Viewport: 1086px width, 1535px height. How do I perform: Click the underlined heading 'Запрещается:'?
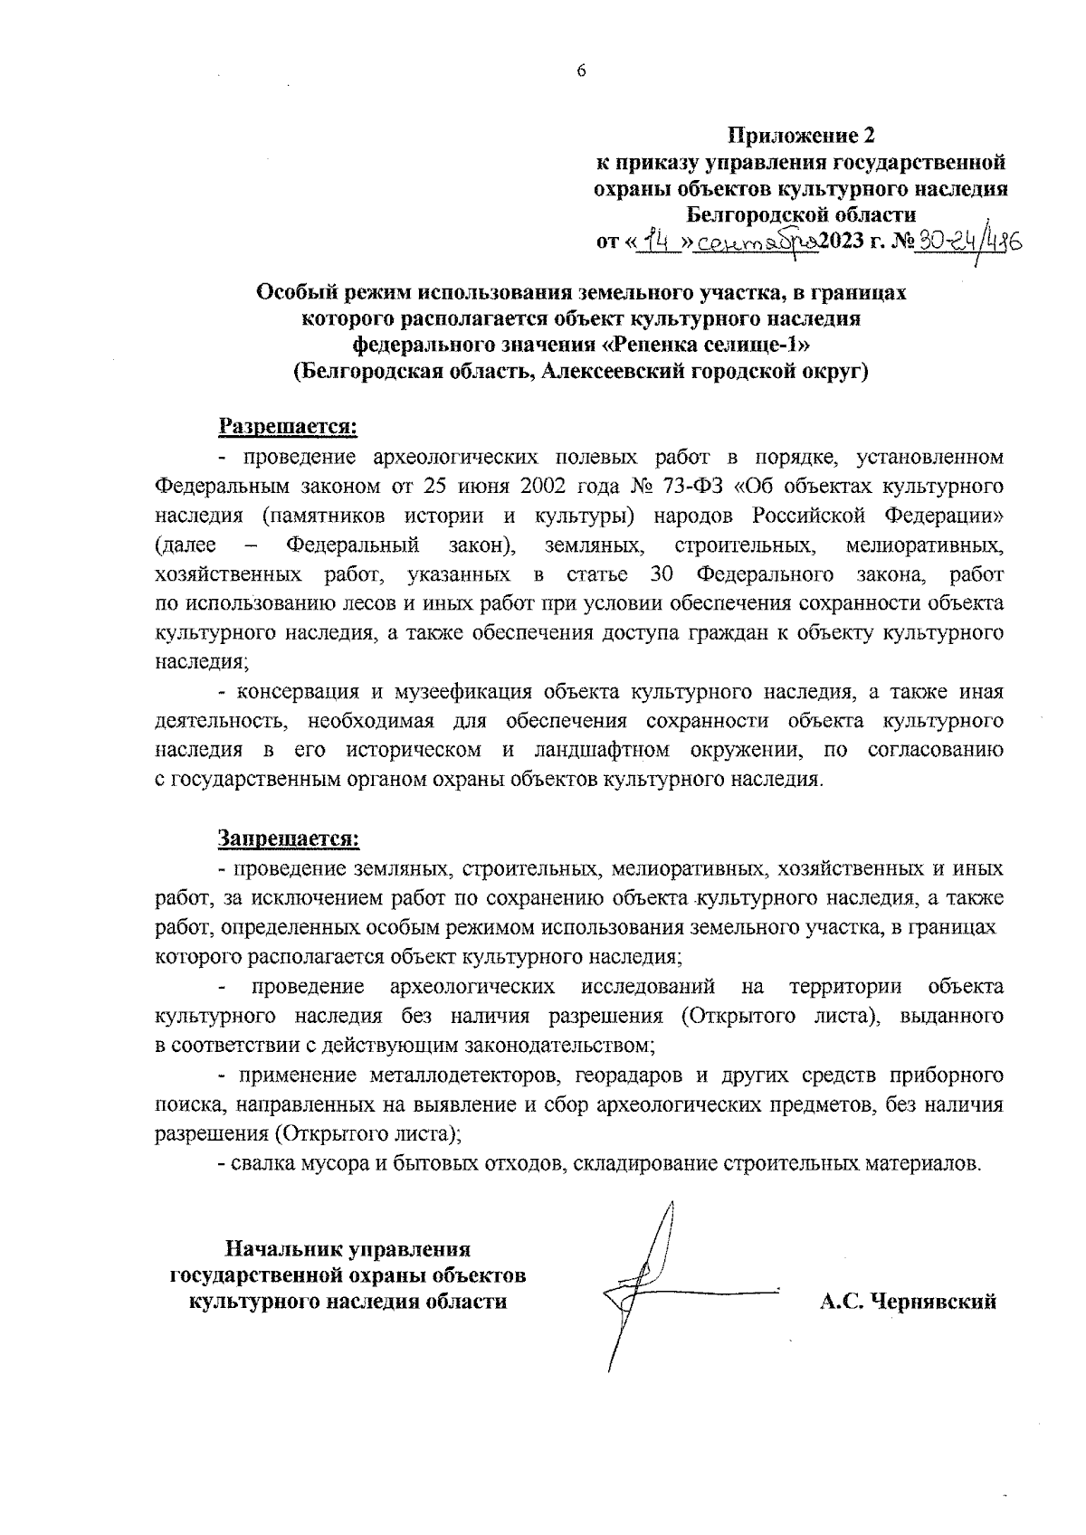pyautogui.click(x=288, y=839)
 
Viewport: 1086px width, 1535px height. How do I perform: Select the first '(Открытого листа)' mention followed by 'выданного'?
pyautogui.click(x=780, y=1016)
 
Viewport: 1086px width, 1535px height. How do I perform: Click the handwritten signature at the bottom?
pyautogui.click(x=652, y=1284)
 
